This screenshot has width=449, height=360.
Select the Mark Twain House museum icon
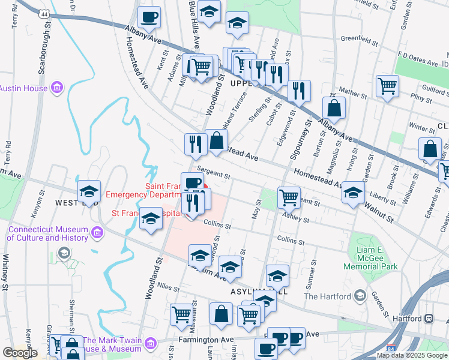click(150, 344)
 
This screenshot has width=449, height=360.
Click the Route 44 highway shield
click(43, 13)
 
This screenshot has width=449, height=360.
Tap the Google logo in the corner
click(20, 353)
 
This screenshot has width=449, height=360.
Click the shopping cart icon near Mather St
click(387, 86)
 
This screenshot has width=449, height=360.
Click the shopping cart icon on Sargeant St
click(289, 196)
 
